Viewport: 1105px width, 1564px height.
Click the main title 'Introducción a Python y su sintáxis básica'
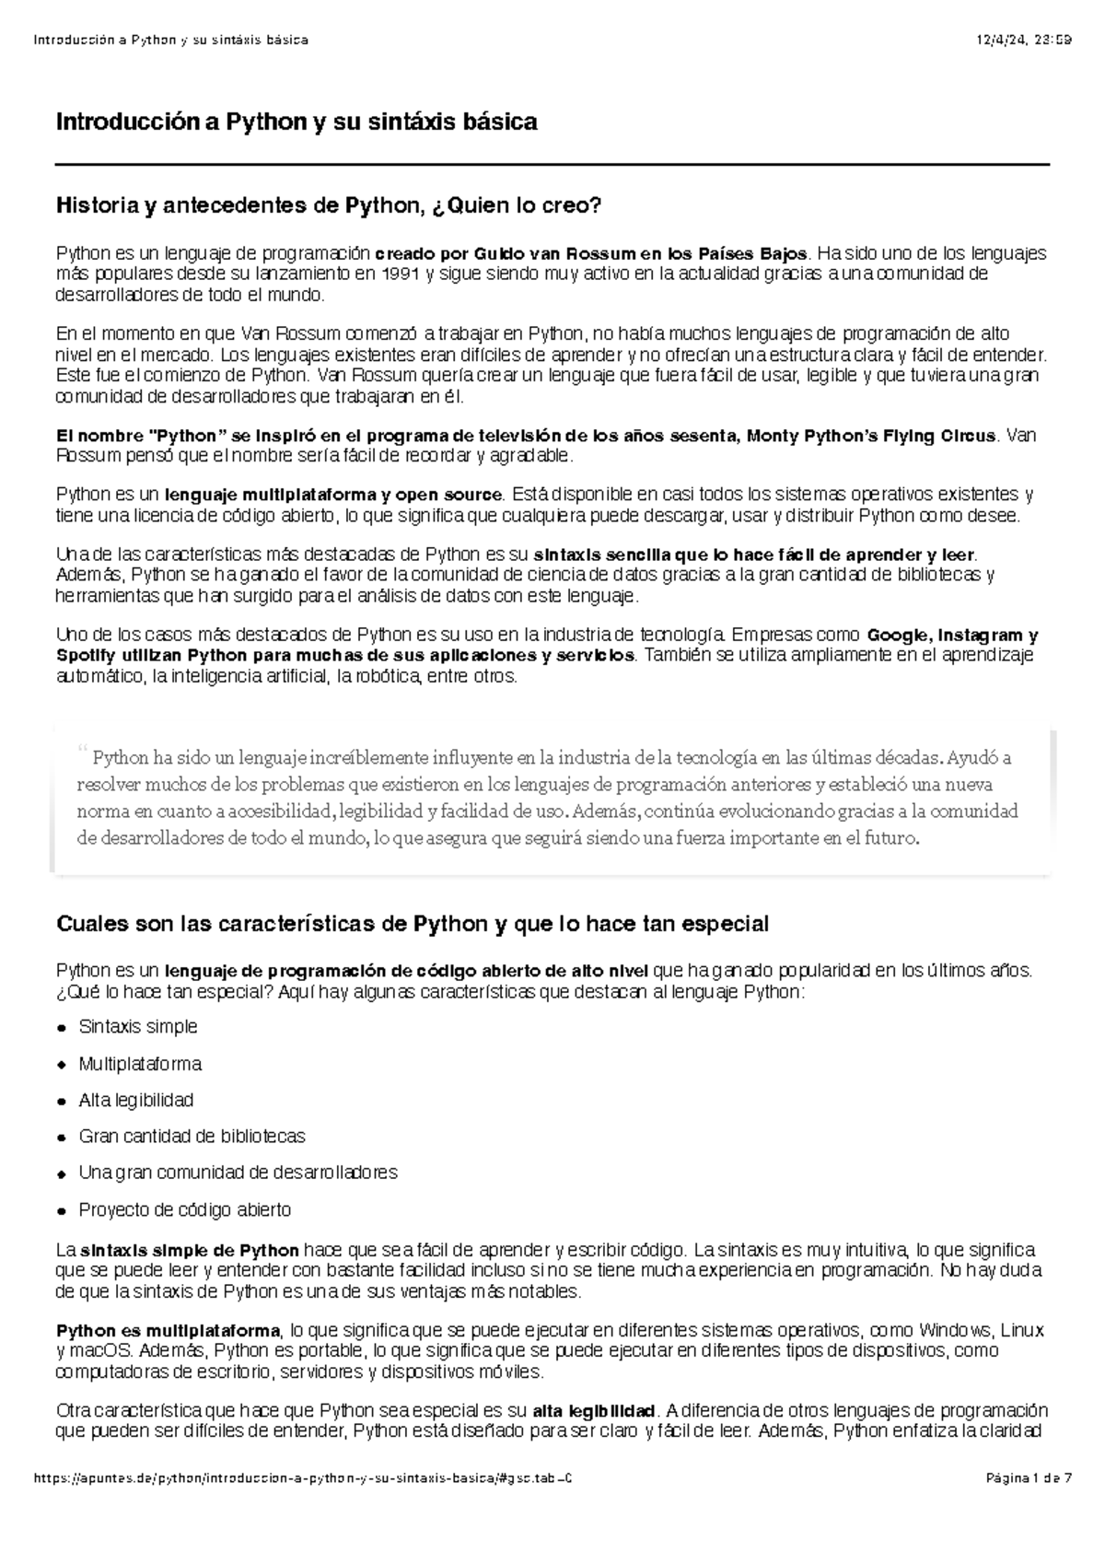tap(297, 122)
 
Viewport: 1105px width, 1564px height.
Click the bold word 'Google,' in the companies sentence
tap(901, 635)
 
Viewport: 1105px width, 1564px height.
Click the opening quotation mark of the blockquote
tap(82, 750)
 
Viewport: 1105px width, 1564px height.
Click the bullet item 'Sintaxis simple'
tap(138, 1026)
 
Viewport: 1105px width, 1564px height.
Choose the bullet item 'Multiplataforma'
tap(140, 1064)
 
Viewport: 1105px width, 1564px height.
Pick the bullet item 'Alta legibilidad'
tap(136, 1100)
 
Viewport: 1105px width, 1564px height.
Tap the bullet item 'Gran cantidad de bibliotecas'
tap(192, 1136)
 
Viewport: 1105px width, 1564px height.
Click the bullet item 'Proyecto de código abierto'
tap(184, 1208)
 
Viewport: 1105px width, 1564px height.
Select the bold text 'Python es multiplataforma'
tap(168, 1331)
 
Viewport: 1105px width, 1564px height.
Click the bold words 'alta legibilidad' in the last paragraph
tap(594, 1411)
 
